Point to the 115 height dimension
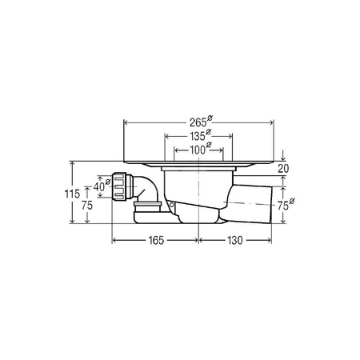72,194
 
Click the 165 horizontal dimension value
156,241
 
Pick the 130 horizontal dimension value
235,241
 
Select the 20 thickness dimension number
283,169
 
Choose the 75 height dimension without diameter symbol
87,206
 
